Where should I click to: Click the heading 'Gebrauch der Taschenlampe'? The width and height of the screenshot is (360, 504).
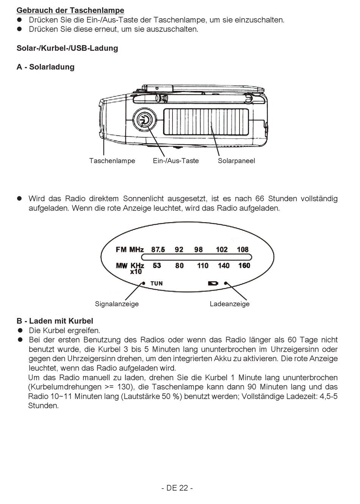pyautogui.click(x=70, y=10)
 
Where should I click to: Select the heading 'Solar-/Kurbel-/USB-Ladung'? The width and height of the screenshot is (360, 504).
pyautogui.click(x=67, y=48)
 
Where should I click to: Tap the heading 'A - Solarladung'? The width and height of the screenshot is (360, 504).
pyautogui.click(x=45, y=67)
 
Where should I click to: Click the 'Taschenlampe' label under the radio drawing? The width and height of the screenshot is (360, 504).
pyautogui.click(x=112, y=161)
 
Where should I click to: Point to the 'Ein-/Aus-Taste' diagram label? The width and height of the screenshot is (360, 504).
pyautogui.click(x=176, y=161)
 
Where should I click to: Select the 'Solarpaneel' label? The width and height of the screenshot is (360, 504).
pyautogui.click(x=236, y=161)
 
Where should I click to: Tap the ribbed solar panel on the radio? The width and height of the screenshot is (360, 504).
pyautogui.click(x=206, y=122)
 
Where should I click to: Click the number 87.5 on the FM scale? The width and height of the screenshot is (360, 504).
pyautogui.click(x=158, y=249)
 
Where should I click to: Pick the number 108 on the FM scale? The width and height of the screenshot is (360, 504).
pyautogui.click(x=243, y=249)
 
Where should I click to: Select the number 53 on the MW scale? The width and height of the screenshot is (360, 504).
pyautogui.click(x=157, y=266)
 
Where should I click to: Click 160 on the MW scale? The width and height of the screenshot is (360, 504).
pyautogui.click(x=244, y=266)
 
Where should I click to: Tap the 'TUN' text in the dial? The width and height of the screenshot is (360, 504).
pyautogui.click(x=157, y=283)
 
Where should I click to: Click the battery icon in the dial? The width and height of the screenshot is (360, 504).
pyautogui.click(x=213, y=283)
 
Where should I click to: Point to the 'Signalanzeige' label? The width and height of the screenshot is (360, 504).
pyautogui.click(x=117, y=304)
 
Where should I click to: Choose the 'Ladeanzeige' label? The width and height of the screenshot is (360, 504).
pyautogui.click(x=230, y=304)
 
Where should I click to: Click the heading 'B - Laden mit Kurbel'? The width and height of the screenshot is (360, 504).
pyautogui.click(x=55, y=321)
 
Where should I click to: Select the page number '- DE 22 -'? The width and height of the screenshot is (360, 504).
pyautogui.click(x=177, y=488)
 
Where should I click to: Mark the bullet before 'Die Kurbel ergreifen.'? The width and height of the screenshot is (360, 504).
pyautogui.click(x=20, y=330)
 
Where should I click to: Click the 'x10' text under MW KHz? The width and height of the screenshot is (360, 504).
pyautogui.click(x=136, y=272)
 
